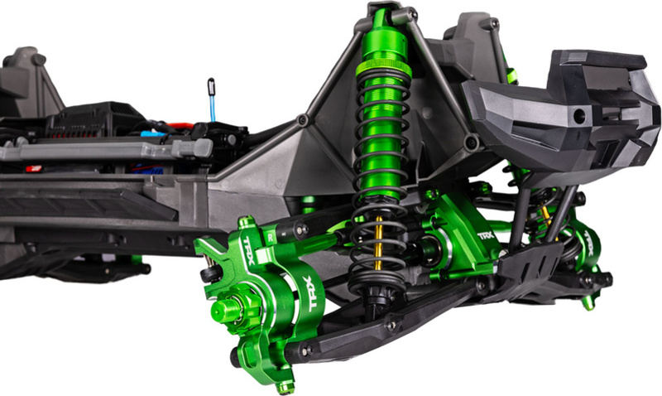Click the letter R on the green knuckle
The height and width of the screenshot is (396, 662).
point(271,238)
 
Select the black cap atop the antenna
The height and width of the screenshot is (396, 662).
point(211,87)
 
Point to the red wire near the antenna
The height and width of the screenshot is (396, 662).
point(180,126)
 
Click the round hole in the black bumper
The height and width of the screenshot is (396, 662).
point(579,116)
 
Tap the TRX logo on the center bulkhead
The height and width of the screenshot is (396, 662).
point(485,236)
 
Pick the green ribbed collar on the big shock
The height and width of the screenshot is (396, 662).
point(383,68)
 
